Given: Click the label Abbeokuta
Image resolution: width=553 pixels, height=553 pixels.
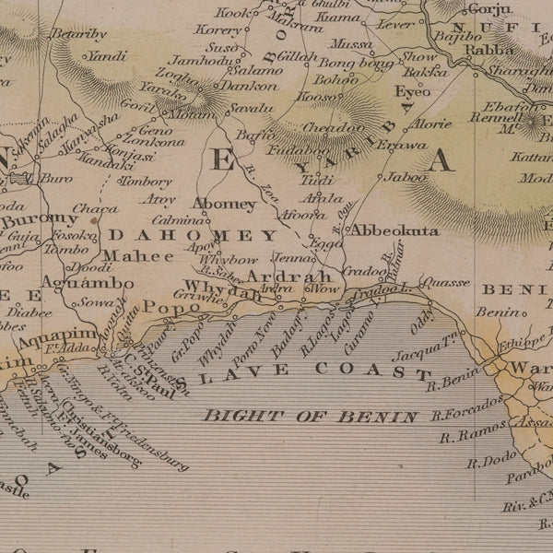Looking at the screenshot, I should pos(395,230).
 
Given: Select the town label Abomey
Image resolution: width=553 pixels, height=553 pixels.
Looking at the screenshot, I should pos(224,203).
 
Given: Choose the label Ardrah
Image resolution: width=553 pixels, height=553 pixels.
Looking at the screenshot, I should pos(288,276).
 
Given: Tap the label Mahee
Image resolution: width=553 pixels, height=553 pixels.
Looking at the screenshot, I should pos(124,256).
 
